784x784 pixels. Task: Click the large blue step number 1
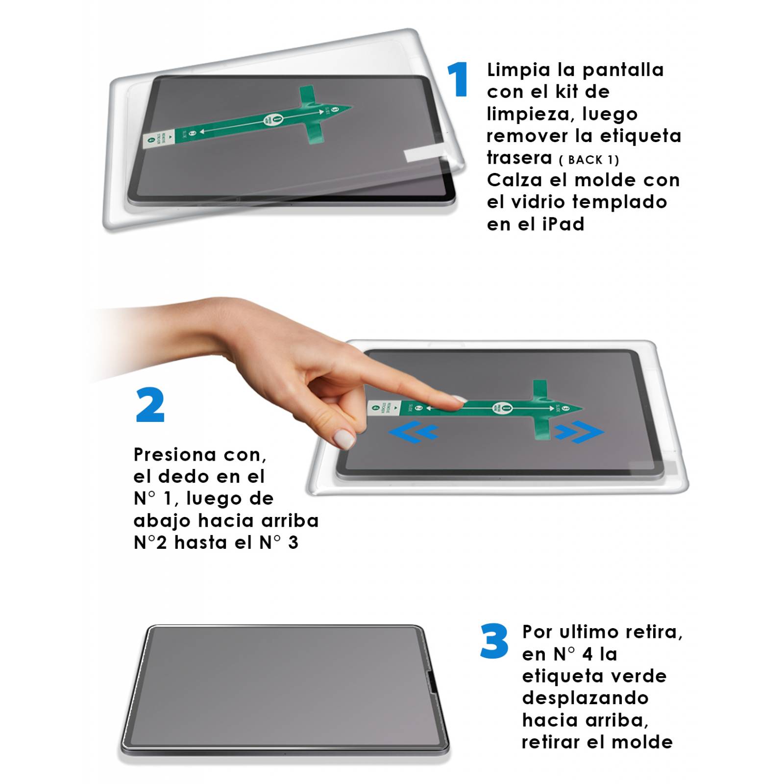(x=458, y=79)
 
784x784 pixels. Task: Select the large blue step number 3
(x=494, y=641)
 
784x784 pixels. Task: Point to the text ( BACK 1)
(x=589, y=160)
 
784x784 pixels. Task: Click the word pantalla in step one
(x=623, y=70)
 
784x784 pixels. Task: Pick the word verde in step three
(x=644, y=676)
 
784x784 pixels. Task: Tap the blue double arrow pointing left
(x=413, y=432)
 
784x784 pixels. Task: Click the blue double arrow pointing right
(x=579, y=432)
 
